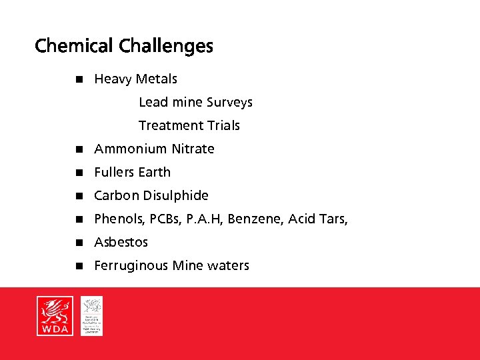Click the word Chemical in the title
[74, 46]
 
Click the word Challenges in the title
[166, 46]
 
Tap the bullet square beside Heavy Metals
[78, 79]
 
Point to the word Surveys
[229, 103]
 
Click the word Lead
[153, 103]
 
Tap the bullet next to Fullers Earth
[78, 172]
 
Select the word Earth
[153, 172]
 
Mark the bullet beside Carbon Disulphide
[78, 195]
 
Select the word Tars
[333, 219]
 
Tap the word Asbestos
[121, 242]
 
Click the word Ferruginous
[131, 265]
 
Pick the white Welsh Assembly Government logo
[92, 315]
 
